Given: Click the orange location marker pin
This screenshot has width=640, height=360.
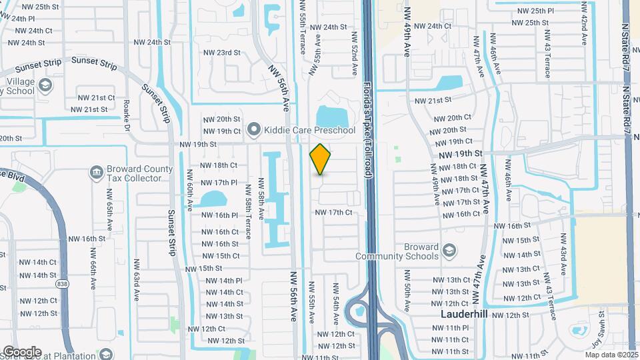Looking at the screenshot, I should point(321,159).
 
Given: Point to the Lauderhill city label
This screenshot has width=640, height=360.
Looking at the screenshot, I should point(466,313).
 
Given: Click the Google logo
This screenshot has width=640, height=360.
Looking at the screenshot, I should point(21,351).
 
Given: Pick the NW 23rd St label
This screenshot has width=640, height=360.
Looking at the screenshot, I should point(221,52).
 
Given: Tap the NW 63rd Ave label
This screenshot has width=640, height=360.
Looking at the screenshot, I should point(137,277).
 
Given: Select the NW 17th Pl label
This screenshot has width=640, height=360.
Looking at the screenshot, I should point(219,182).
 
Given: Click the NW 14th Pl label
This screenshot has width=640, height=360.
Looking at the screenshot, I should point(224,281).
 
